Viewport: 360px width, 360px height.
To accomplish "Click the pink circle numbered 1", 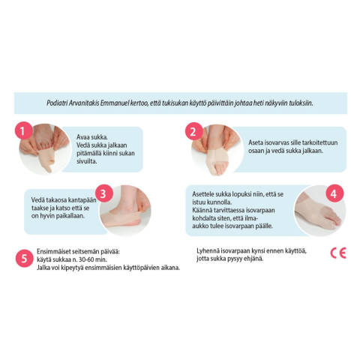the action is [x=23, y=130].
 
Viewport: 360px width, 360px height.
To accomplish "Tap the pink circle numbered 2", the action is [x=193, y=131].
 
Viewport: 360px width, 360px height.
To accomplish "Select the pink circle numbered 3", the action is [x=104, y=193].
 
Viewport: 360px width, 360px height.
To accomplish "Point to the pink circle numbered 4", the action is [x=334, y=193].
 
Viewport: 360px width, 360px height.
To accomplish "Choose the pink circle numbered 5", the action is [x=24, y=258].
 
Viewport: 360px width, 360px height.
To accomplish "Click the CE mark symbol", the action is [x=338, y=253].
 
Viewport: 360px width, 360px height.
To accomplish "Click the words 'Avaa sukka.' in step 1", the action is [x=92, y=137].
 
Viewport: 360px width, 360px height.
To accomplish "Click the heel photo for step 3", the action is [x=125, y=211].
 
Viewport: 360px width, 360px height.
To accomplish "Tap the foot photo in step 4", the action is [x=320, y=211].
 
